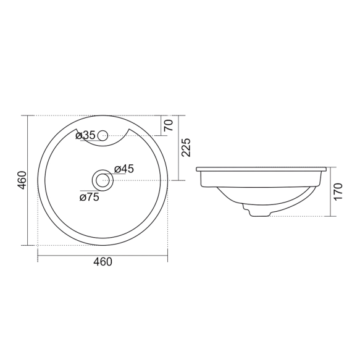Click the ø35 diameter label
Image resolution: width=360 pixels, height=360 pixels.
[x=85, y=135]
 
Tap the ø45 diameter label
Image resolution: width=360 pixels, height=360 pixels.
[x=124, y=169]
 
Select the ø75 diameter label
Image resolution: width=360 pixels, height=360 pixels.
[x=90, y=197]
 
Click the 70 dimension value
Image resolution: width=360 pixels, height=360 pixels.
[x=169, y=125]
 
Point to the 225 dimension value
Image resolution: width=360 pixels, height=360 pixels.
[x=186, y=148]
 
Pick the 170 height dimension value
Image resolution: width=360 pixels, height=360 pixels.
[x=338, y=191]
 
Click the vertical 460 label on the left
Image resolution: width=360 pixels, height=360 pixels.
[x=23, y=180]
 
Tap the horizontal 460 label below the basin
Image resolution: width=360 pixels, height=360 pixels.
[x=103, y=262]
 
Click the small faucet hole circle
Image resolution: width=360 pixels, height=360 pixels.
[x=103, y=136]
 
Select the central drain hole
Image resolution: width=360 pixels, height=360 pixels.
[x=103, y=180]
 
